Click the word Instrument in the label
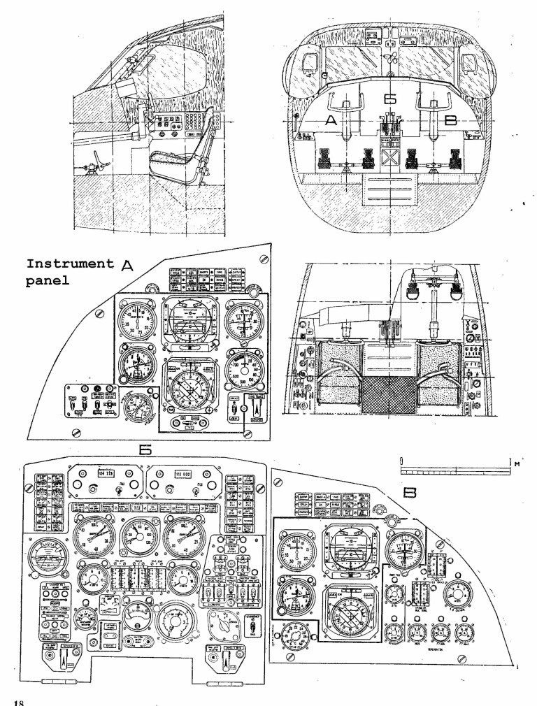(69, 264)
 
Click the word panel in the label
(46, 284)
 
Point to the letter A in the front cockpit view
(331, 121)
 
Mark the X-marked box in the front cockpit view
(390, 160)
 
